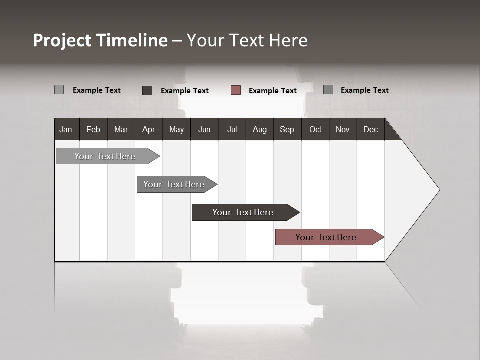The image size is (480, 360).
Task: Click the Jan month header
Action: point(66,129)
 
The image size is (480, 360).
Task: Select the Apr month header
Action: point(149,129)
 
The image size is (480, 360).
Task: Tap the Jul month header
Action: point(232,129)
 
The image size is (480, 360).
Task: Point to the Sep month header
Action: point(287,129)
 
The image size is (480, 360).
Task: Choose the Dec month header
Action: point(370,129)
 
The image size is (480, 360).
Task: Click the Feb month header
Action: point(93,129)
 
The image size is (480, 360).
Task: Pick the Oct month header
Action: point(315,129)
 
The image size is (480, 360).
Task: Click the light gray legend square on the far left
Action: point(59,90)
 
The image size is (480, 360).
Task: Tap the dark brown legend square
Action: point(147,90)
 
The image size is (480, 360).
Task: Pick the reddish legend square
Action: point(236,90)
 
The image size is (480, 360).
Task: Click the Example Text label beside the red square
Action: point(273,91)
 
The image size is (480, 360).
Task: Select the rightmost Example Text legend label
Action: point(364,90)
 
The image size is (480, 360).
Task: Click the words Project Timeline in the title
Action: point(100,40)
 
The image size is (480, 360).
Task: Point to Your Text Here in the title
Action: point(247,40)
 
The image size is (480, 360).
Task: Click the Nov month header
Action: point(343,129)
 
